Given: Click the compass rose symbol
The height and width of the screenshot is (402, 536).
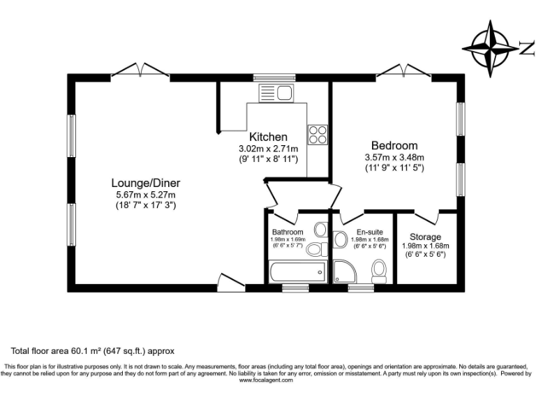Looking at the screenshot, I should [494, 47].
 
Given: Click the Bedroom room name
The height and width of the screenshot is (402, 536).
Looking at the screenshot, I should [394, 146].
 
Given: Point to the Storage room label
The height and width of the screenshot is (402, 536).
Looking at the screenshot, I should [425, 237].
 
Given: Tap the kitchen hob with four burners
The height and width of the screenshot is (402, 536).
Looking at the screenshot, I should [318, 133].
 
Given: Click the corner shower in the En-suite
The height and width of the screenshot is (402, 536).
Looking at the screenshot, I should [345, 271].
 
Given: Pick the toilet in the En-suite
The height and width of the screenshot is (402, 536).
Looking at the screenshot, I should [380, 271].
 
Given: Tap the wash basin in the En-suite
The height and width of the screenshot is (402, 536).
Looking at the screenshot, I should [341, 240].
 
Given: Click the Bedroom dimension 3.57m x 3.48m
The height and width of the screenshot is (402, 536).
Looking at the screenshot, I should [394, 157].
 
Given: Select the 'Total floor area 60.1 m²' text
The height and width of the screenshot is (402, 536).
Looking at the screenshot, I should [91, 350].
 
